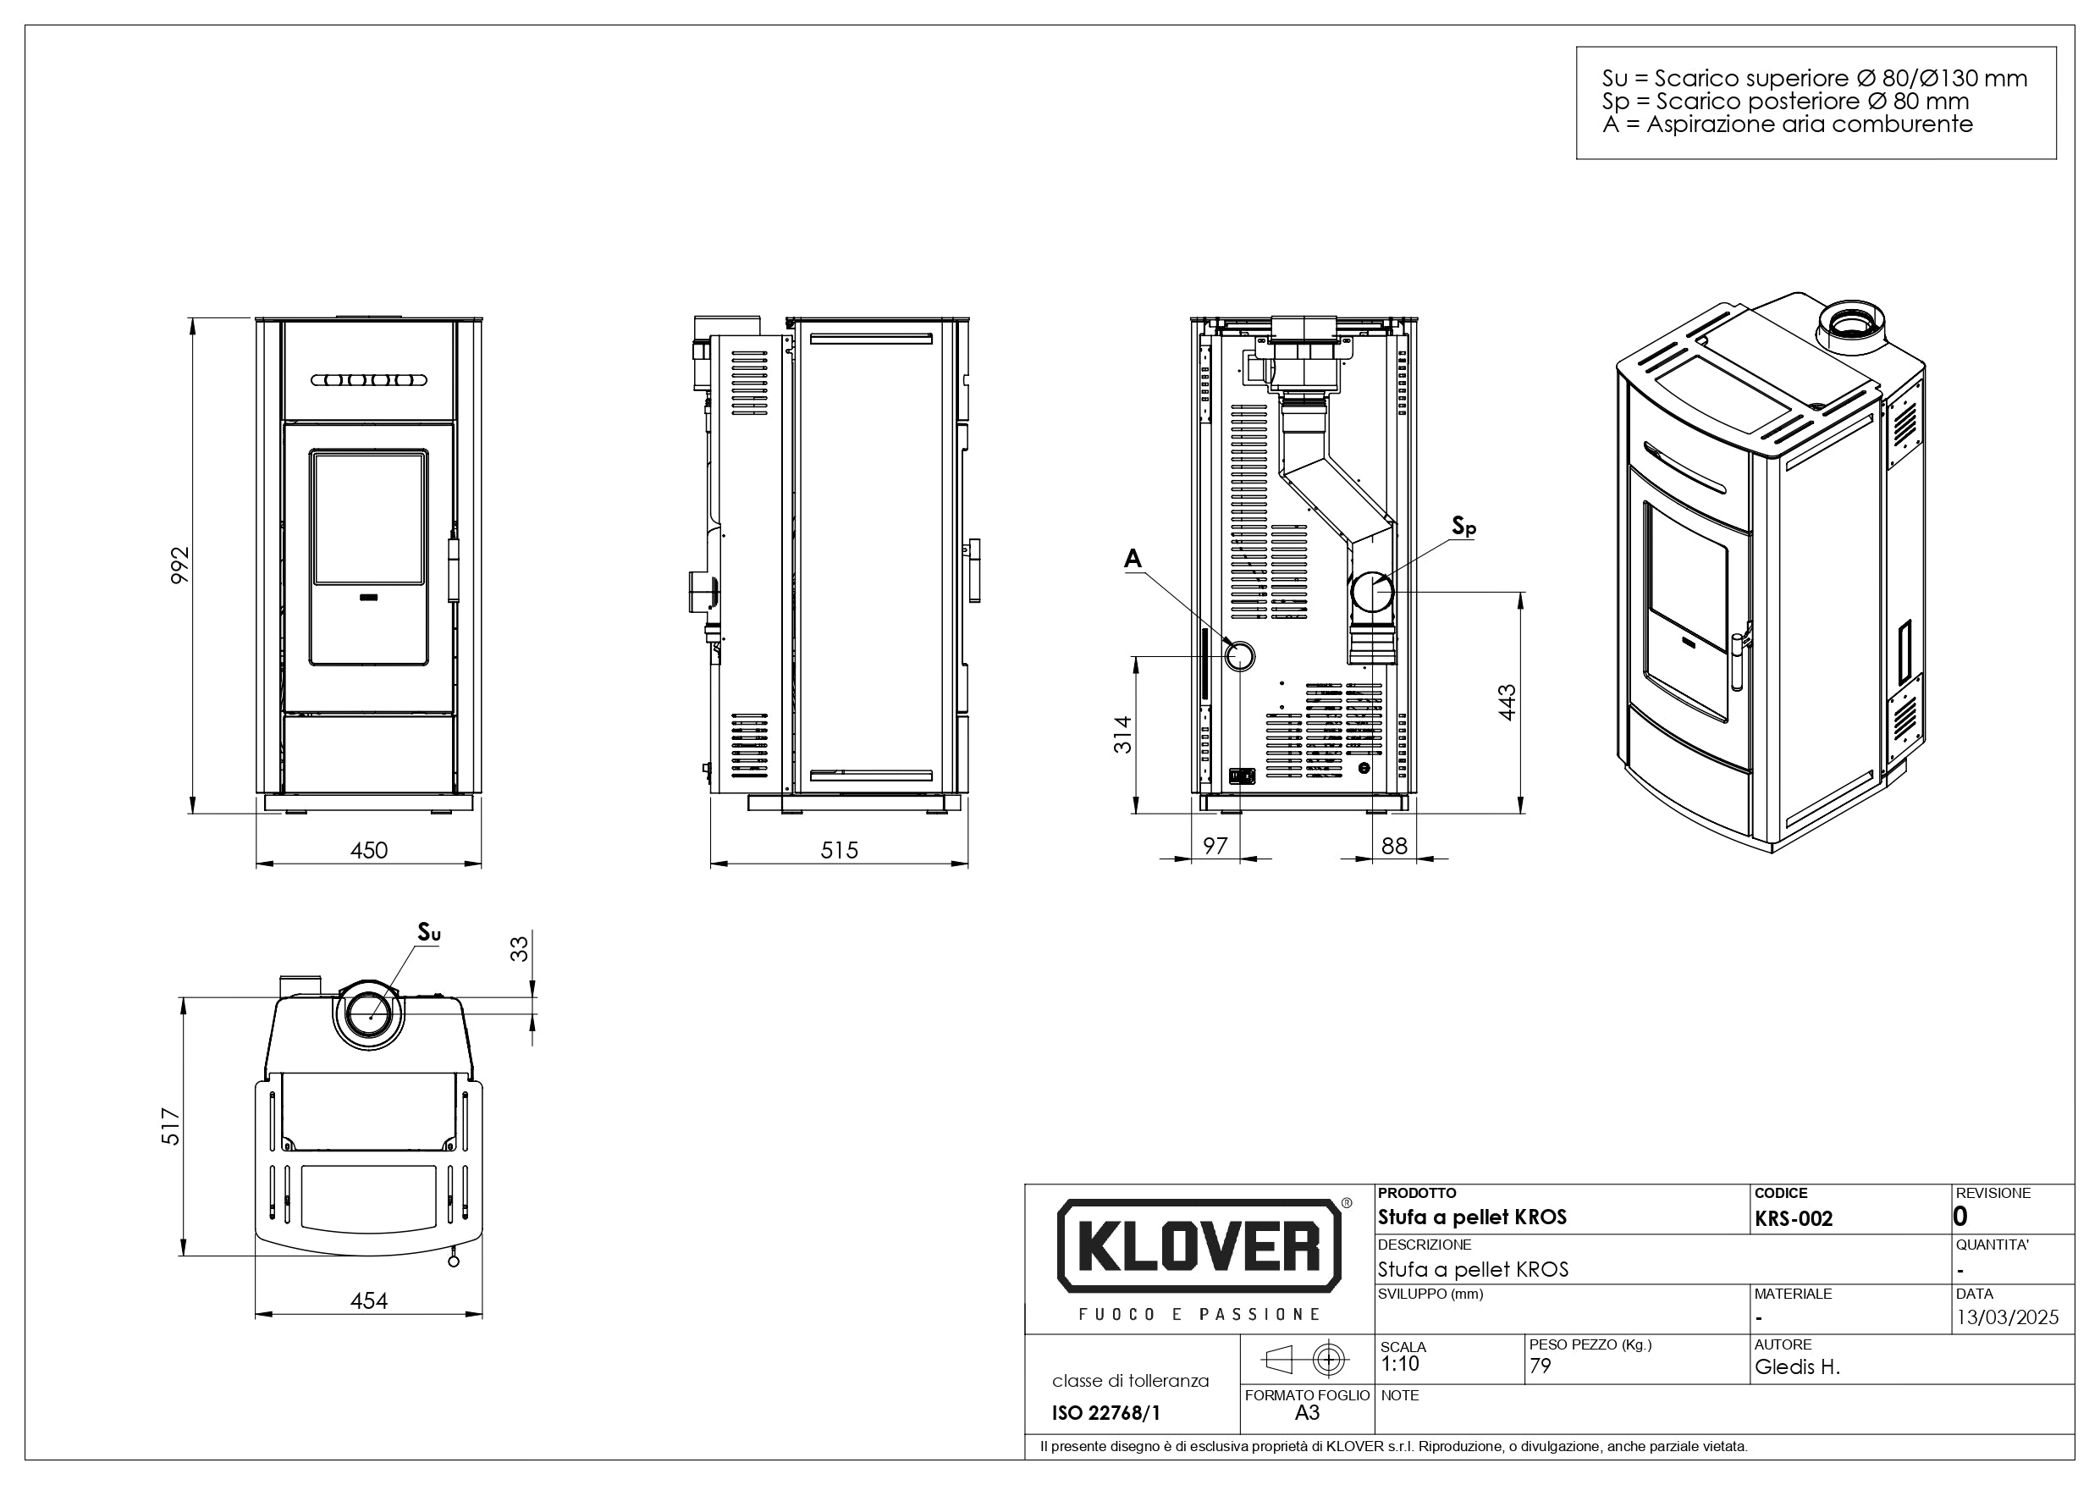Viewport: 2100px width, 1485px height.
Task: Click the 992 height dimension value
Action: pyautogui.click(x=181, y=565)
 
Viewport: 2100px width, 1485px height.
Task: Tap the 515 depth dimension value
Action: pyautogui.click(x=839, y=850)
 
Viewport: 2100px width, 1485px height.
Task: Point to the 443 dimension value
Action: pyautogui.click(x=1507, y=702)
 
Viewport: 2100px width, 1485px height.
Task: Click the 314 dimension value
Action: pyautogui.click(x=1122, y=735)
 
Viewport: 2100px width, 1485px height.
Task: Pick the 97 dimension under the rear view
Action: pyautogui.click(x=1215, y=846)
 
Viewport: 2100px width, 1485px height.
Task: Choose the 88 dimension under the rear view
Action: pyautogui.click(x=1394, y=846)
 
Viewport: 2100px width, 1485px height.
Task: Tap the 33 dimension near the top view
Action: pyautogui.click(x=519, y=948)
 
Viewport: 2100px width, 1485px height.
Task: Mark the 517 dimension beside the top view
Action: pyautogui.click(x=171, y=1126)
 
